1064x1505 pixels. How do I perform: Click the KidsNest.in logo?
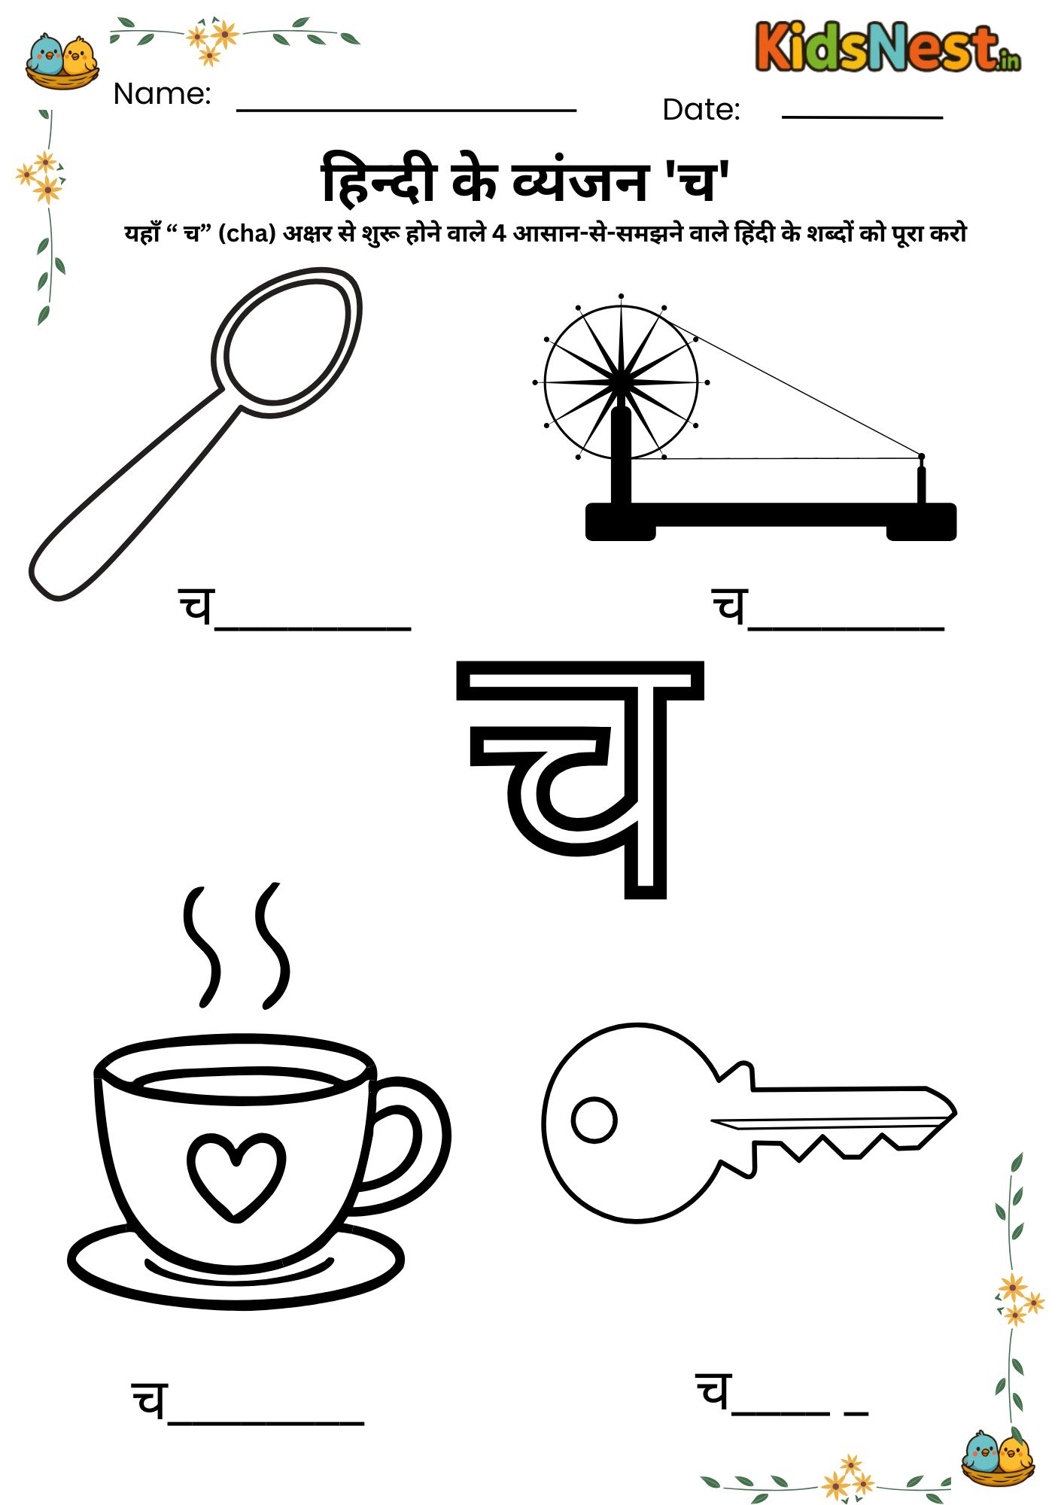pyautogui.click(x=888, y=47)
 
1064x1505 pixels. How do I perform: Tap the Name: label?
pyautogui.click(x=162, y=94)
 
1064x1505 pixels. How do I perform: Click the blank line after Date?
pyautogui.click(x=862, y=117)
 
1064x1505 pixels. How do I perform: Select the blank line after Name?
pyautogui.click(x=406, y=110)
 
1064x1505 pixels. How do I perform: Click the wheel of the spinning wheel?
pyautogui.click(x=621, y=382)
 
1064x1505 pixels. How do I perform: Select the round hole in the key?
pyautogui.click(x=594, y=1119)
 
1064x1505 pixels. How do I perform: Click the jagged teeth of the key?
pyautogui.click(x=828, y=1148)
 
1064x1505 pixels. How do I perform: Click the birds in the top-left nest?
pyautogui.click(x=62, y=54)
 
